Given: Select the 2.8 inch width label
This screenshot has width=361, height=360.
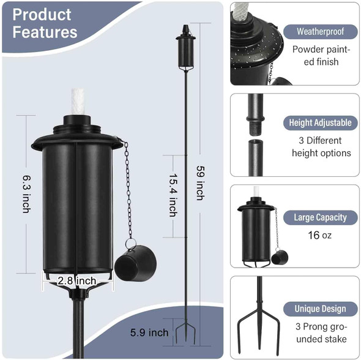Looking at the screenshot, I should pos(77,280).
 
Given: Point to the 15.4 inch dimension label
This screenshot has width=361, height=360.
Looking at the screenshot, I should pos(173,193).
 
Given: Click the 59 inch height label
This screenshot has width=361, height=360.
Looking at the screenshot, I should pos(199,182).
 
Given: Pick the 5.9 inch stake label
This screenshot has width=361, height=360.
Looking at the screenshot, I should pos(149,333).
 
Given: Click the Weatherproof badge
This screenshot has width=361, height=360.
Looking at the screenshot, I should pos(319,31).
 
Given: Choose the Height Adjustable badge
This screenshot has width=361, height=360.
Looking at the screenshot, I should pos(320,122).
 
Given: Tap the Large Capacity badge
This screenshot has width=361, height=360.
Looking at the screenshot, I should pos(320,217).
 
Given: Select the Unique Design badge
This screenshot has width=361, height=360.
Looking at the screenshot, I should pos(320,309).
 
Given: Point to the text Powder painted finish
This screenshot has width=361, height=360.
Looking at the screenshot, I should pos(316,56).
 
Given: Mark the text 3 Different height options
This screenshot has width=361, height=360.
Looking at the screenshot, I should pos(321,147).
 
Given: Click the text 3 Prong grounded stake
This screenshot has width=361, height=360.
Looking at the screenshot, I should pos(320,333).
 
